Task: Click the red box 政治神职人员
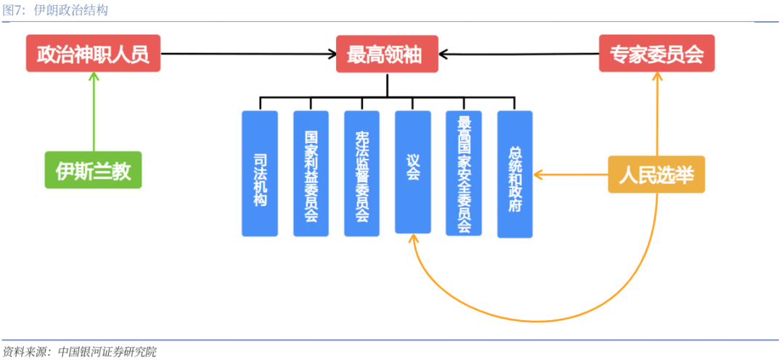93,54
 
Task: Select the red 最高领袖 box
386,54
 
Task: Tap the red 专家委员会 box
656,54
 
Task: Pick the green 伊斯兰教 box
93,170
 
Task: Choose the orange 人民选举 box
656,174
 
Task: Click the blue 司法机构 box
260,173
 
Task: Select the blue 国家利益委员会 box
311,173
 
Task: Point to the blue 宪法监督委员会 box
362,173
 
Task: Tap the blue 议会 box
412,172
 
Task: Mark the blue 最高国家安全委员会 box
464,173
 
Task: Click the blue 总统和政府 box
515,174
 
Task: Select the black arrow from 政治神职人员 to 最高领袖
247,53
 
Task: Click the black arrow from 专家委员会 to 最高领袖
519,53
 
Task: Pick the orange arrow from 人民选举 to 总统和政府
571,174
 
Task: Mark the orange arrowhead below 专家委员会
657,77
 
